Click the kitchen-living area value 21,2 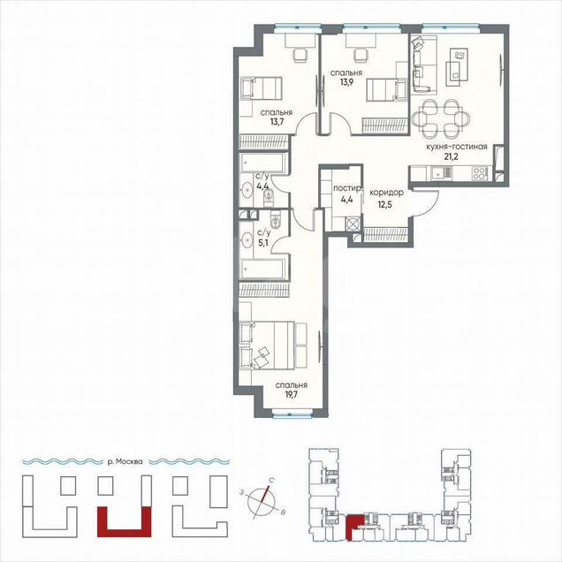pyautogui.click(x=451, y=156)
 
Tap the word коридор pyautogui.click(x=386, y=193)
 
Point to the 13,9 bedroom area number pyautogui.click(x=346, y=83)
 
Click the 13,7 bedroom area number pyautogui.click(x=277, y=122)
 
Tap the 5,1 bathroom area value pyautogui.click(x=262, y=242)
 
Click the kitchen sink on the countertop pyautogui.click(x=441, y=174)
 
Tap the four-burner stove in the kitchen pyautogui.click(x=481, y=174)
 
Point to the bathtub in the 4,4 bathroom pyautogui.click(x=263, y=163)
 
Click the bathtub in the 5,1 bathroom pyautogui.click(x=264, y=269)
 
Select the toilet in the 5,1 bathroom pyautogui.click(x=275, y=220)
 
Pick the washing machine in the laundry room pyautogui.click(x=353, y=224)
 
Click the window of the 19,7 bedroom pyautogui.click(x=292, y=415)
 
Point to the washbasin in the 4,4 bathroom pyautogui.click(x=247, y=189)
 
